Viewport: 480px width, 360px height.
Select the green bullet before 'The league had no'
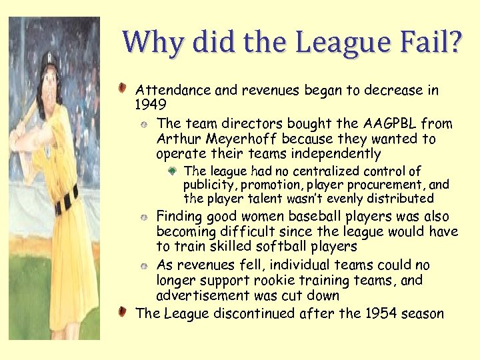click(172, 171)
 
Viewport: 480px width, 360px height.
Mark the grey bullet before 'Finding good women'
click(145, 217)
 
